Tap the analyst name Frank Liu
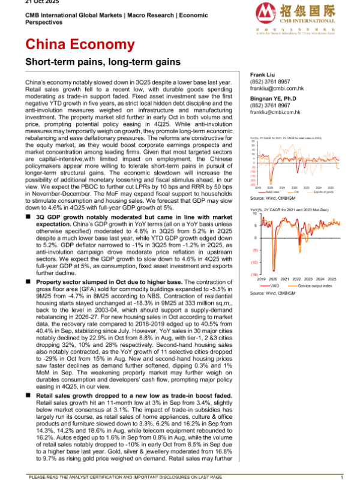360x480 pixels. (x=262, y=74)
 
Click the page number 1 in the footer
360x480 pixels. (x=341, y=476)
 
